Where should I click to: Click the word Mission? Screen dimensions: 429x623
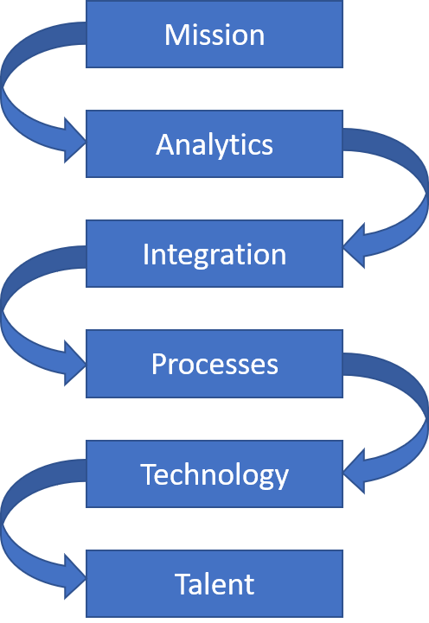(214, 35)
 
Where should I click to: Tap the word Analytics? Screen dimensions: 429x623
(214, 145)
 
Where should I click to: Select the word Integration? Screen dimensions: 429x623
(214, 255)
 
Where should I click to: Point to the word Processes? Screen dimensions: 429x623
(214, 364)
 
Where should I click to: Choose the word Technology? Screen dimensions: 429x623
(214, 474)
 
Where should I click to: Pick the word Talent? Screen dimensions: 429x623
(214, 584)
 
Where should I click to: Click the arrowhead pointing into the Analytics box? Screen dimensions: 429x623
(75, 140)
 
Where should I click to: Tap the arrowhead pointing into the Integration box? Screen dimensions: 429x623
(354, 246)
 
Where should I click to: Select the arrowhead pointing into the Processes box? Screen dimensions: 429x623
(75, 363)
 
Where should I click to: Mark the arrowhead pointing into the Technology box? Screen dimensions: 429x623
(354, 471)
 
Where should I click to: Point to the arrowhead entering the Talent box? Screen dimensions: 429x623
(75, 576)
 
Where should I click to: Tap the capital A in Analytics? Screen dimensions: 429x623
(165, 144)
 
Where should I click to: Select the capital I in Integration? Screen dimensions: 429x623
(145, 254)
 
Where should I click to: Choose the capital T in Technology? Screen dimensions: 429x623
(150, 474)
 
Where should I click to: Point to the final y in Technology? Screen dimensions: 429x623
(281, 480)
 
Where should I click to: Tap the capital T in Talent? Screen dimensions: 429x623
(183, 584)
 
